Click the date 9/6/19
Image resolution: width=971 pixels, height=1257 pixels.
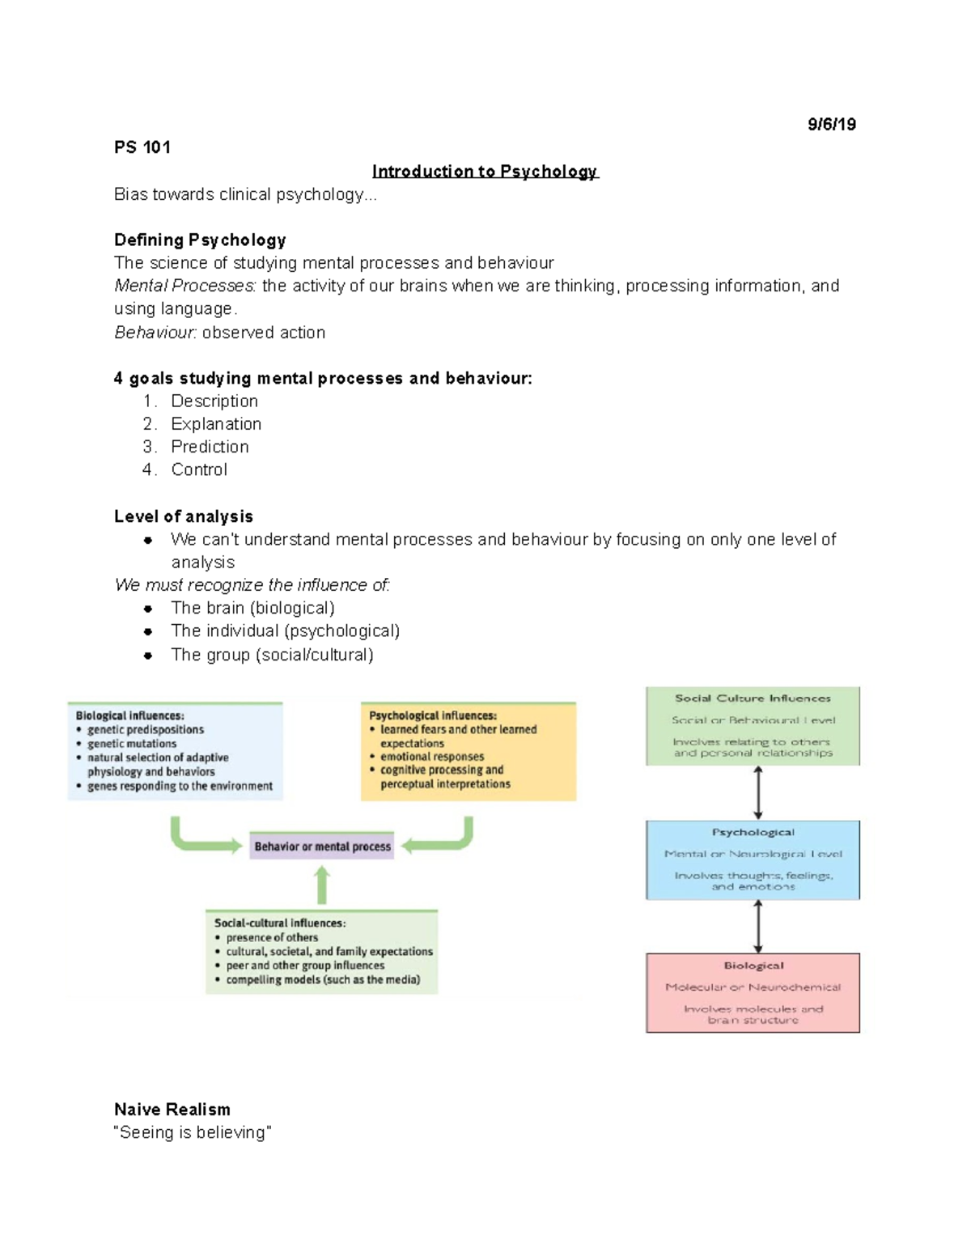(x=831, y=125)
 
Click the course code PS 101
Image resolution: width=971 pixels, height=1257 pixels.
(x=142, y=147)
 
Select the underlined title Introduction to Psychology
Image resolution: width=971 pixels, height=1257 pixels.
(x=485, y=172)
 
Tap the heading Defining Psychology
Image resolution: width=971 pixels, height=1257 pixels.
(x=200, y=240)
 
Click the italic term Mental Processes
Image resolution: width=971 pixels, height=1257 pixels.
(x=184, y=286)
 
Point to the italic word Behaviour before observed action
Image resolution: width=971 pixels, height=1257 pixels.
(x=155, y=333)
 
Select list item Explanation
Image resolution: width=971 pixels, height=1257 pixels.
(x=216, y=424)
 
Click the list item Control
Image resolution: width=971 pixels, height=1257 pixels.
(x=199, y=469)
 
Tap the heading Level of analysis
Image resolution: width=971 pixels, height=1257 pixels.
(x=184, y=516)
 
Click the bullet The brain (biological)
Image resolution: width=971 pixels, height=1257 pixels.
(x=252, y=608)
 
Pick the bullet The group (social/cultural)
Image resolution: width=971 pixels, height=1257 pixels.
(x=272, y=655)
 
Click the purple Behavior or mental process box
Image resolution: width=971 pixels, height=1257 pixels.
(x=322, y=847)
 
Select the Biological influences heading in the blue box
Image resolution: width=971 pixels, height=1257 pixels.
(x=129, y=716)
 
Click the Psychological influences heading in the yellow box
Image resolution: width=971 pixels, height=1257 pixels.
(x=433, y=716)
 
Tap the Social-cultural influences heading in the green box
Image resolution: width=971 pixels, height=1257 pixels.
(x=280, y=923)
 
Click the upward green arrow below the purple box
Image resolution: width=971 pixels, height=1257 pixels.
(x=322, y=885)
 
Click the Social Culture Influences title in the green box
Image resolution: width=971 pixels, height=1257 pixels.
(x=753, y=699)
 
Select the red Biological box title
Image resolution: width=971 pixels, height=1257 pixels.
(x=753, y=966)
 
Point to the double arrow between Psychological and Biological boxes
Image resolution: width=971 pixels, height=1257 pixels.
(x=758, y=927)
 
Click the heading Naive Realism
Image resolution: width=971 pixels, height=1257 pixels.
(x=172, y=1110)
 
